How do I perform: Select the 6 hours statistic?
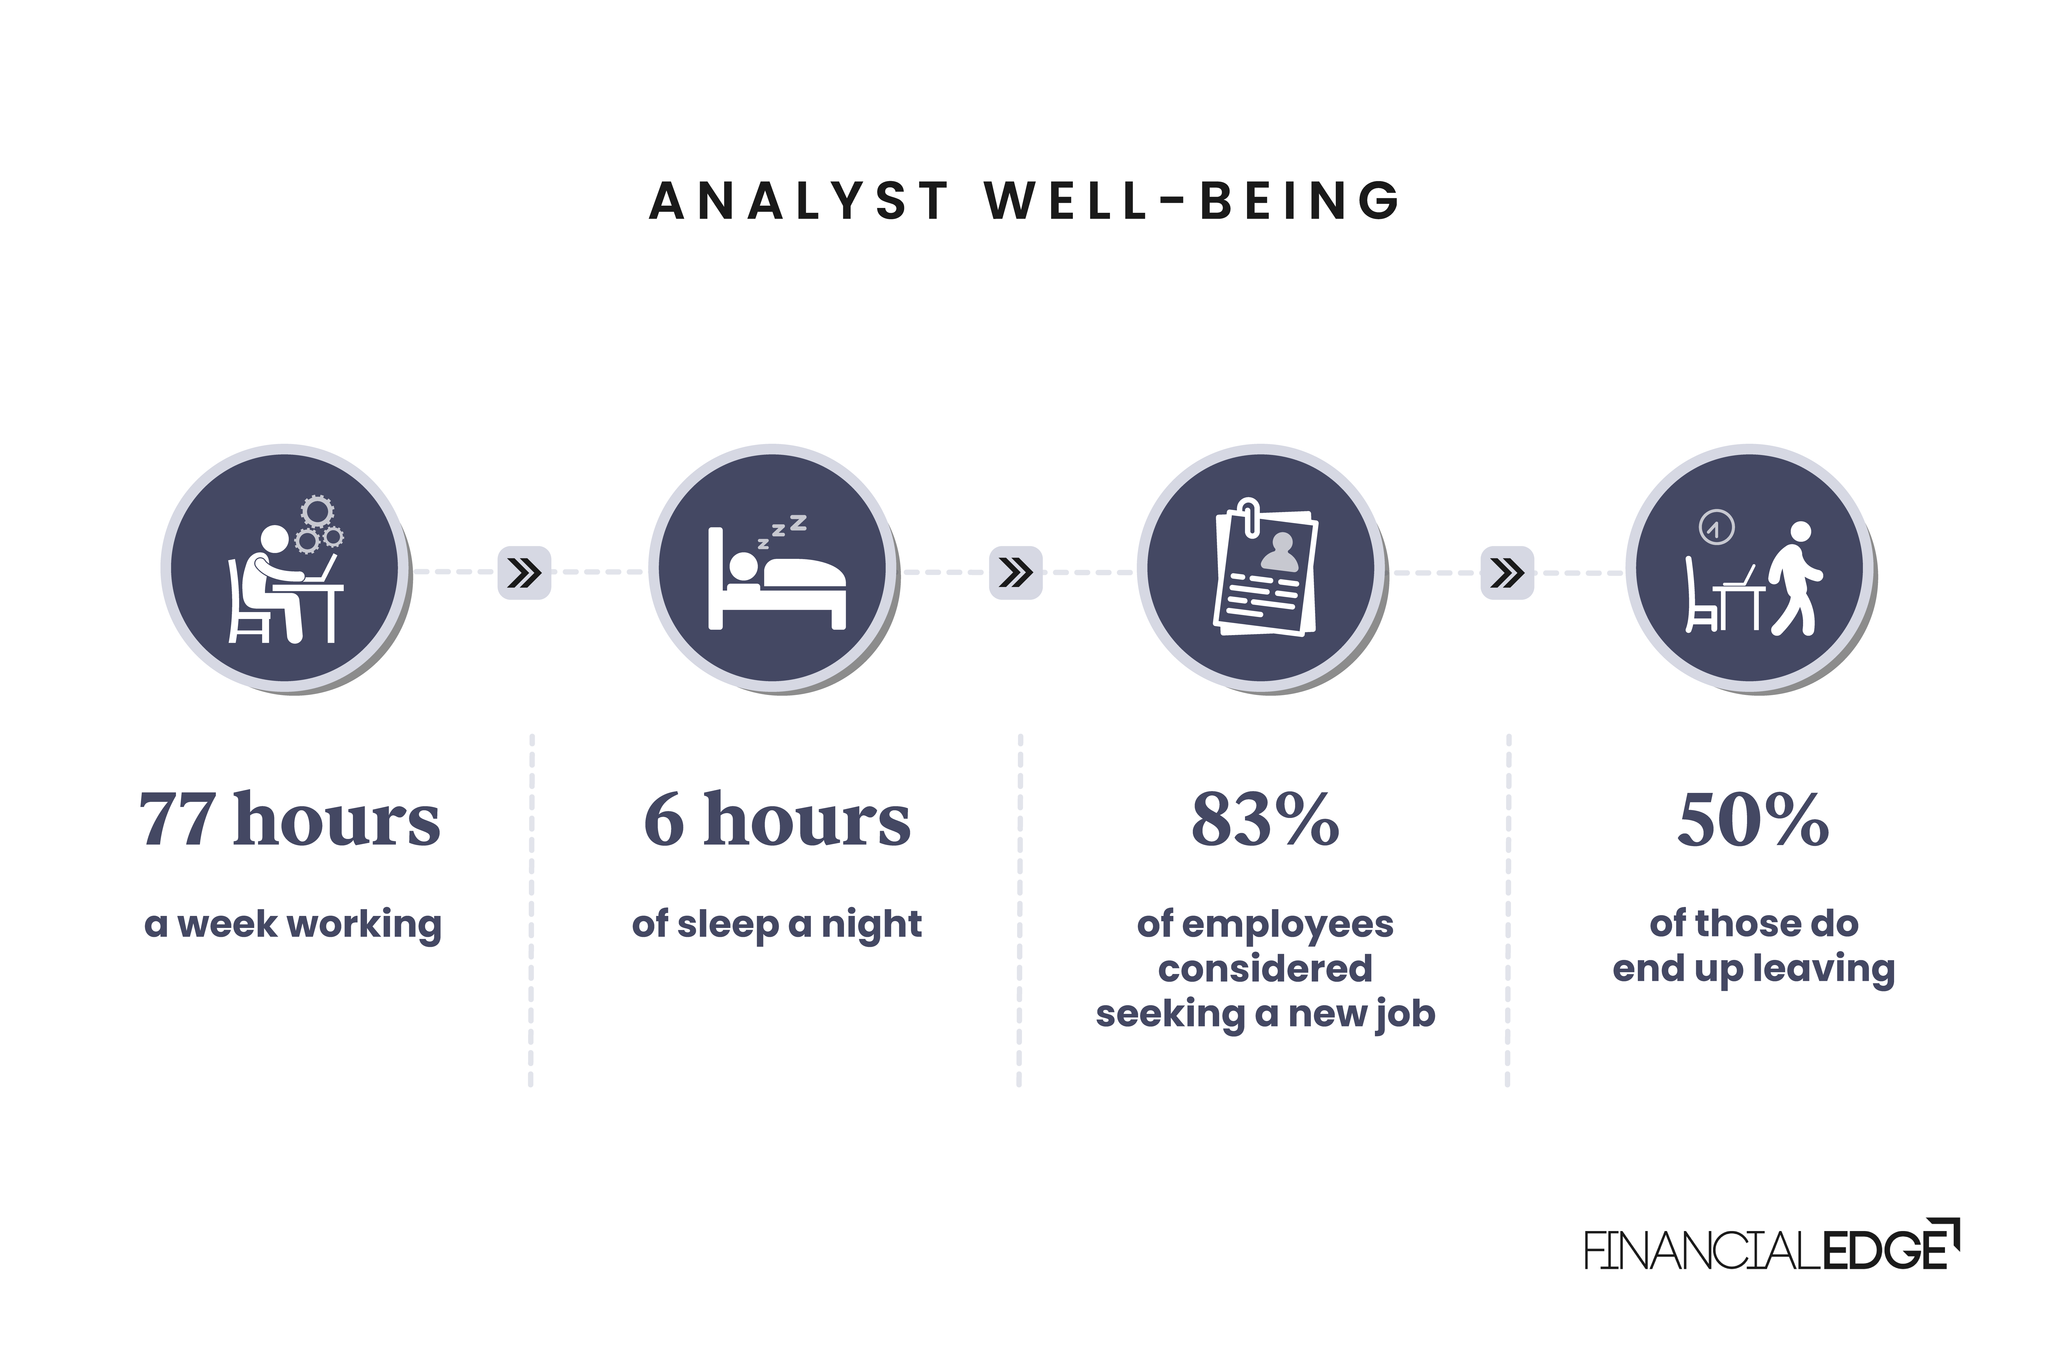[x=777, y=820]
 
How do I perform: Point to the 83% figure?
[x=1265, y=820]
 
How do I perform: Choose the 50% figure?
[x=1753, y=820]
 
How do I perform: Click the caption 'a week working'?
[x=293, y=925]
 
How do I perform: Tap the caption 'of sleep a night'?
[x=777, y=925]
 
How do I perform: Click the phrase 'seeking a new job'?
[x=1265, y=1014]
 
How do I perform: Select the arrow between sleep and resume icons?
[x=1016, y=572]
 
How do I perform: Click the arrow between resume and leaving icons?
[x=1507, y=572]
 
